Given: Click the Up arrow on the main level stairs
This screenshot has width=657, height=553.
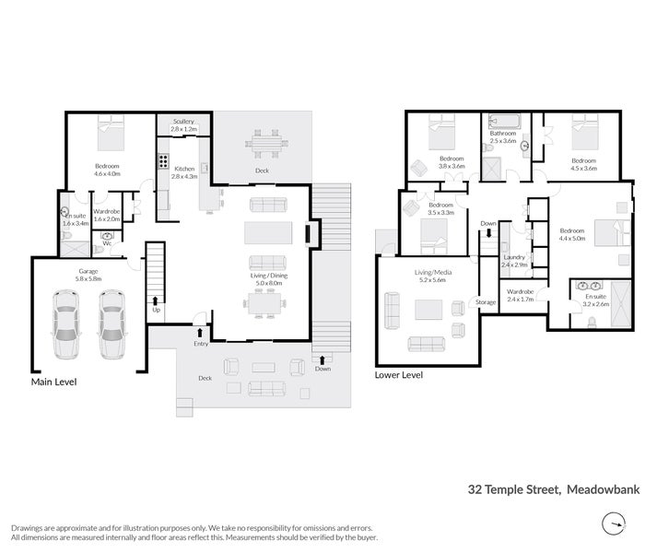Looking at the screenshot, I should [x=155, y=304].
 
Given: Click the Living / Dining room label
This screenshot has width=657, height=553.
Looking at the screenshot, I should [x=269, y=279].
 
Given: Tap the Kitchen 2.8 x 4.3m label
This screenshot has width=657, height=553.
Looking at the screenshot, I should [x=184, y=171].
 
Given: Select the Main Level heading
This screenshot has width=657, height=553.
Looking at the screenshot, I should [x=53, y=382].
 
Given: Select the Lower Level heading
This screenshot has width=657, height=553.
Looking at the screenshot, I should [x=399, y=375].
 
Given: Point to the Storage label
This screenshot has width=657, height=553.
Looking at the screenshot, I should [x=486, y=302].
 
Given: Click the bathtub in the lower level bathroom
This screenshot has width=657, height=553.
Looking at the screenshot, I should [x=505, y=120].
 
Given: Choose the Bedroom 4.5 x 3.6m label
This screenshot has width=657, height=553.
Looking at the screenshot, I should [x=584, y=164].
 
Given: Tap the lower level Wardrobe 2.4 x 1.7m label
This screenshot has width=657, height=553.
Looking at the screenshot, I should [x=521, y=295].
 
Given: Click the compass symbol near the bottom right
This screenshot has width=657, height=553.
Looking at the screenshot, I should [x=611, y=526].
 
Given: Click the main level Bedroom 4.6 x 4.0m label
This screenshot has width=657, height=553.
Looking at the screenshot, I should [x=107, y=170].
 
